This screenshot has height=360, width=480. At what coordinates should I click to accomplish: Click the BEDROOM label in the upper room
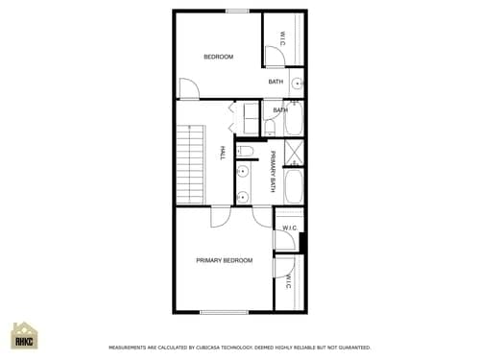point(218,57)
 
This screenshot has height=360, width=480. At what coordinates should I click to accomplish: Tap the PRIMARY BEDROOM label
point(224,260)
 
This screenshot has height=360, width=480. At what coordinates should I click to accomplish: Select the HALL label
point(223,153)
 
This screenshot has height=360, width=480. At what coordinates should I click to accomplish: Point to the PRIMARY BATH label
point(273,172)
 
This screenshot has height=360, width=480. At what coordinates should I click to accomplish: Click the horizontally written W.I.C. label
point(288,228)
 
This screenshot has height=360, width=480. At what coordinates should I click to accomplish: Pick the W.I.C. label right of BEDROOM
point(282,38)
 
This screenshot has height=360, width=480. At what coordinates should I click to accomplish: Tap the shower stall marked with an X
point(294,154)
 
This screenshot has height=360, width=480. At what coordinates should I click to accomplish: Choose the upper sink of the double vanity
point(243,173)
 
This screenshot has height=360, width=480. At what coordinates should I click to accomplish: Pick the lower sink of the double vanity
point(243,196)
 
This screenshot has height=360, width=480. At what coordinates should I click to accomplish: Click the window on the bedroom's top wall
point(237,11)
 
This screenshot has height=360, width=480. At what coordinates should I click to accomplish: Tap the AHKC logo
point(24,337)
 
